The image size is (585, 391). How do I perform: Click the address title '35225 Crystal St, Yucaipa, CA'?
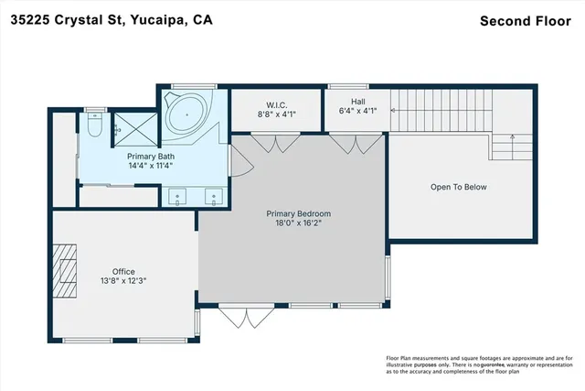pos(112,19)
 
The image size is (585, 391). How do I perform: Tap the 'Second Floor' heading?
pos(524,19)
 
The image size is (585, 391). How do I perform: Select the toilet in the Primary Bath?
pos(94,128)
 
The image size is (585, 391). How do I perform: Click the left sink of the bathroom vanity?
pos(175,195)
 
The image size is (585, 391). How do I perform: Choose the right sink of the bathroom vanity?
pos(213,195)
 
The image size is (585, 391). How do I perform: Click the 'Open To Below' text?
pos(459,187)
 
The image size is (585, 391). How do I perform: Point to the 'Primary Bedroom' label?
pos(292,213)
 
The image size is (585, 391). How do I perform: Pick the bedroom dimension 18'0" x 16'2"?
pos(292,223)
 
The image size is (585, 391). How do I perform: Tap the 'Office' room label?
pos(123,271)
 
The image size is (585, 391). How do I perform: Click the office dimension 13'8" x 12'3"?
pos(123,281)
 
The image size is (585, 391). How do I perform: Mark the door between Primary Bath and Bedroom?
pos(236,163)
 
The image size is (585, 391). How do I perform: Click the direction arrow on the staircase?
pos(514,139)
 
